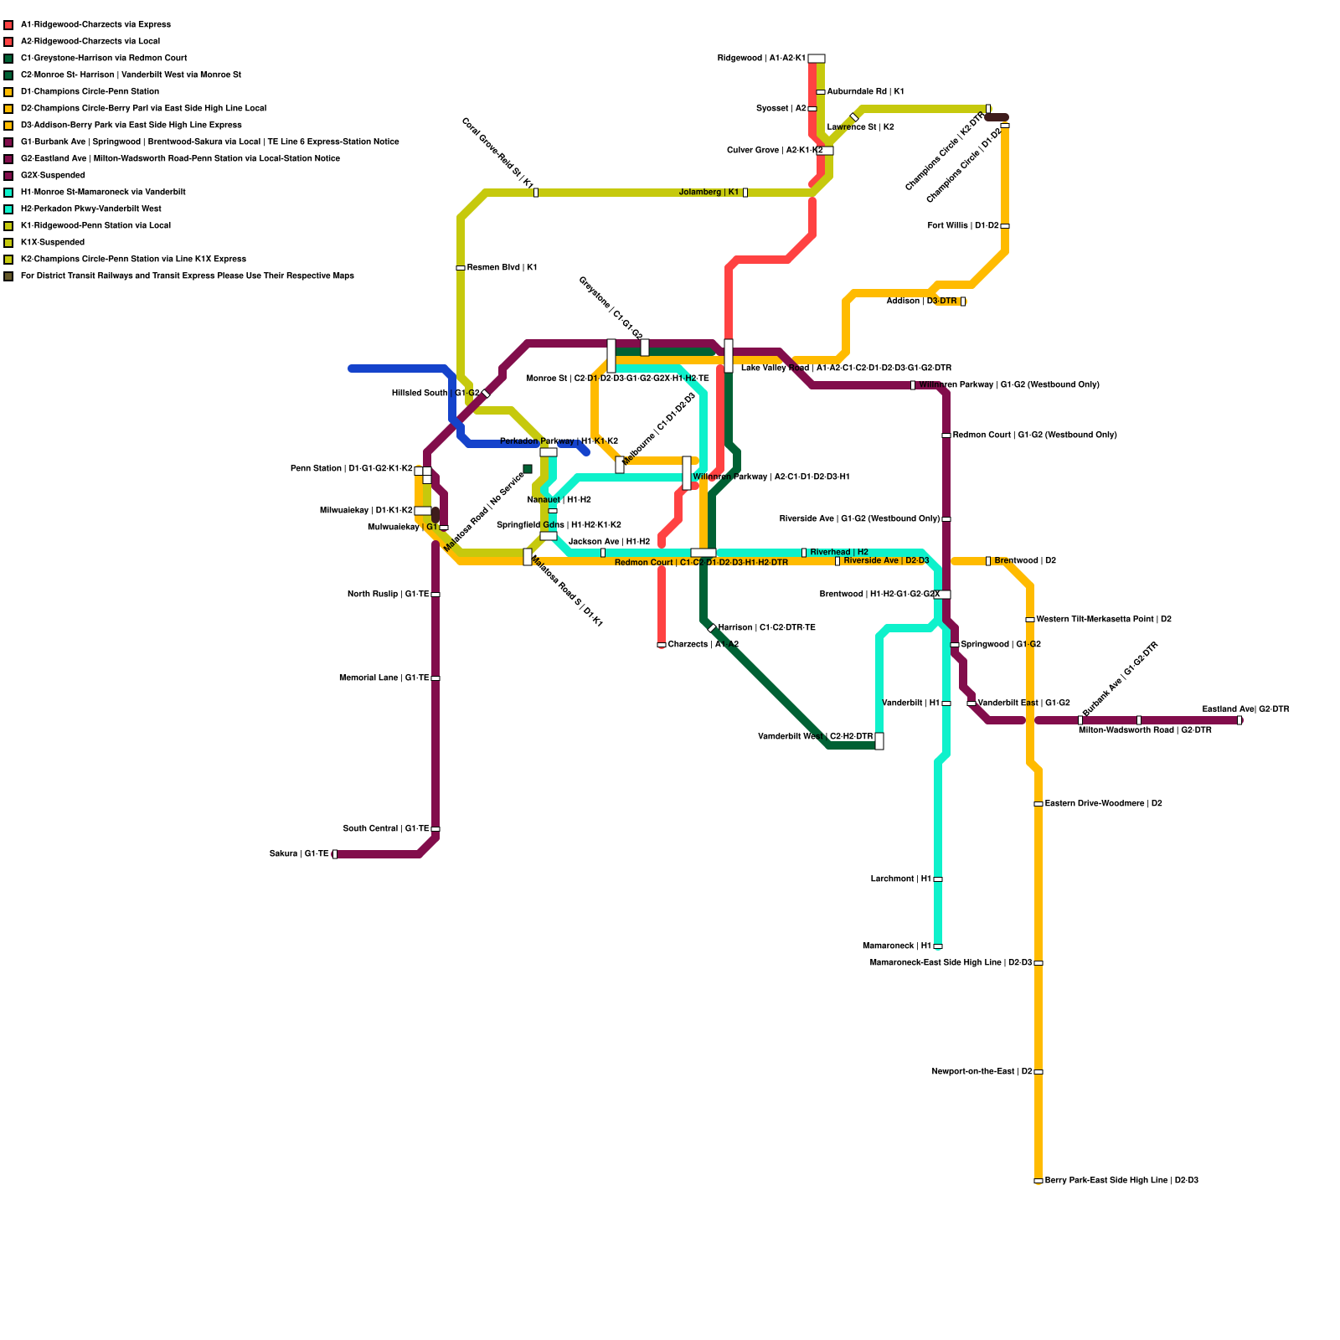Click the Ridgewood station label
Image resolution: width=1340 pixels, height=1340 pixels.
[x=761, y=59]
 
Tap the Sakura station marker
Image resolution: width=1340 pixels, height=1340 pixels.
[x=335, y=854]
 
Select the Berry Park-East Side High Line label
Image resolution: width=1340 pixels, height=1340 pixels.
[x=1121, y=1181]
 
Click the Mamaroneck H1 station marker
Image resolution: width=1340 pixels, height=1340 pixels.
[x=938, y=946]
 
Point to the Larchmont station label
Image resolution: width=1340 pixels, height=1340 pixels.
[x=900, y=879]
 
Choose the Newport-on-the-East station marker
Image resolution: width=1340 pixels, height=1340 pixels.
[x=1038, y=1072]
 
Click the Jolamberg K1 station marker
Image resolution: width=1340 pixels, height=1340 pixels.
[x=745, y=193]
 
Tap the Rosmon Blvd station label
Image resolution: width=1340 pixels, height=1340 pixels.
[x=502, y=268]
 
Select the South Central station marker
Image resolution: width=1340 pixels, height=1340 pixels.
[x=435, y=829]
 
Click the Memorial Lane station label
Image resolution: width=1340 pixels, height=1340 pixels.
[x=384, y=678]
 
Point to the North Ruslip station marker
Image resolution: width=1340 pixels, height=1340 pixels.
[x=435, y=595]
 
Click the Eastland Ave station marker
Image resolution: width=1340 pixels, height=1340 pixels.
[x=1239, y=720]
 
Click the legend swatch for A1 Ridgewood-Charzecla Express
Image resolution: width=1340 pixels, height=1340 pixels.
[x=8, y=25]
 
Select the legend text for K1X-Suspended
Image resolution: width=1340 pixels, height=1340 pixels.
[x=53, y=243]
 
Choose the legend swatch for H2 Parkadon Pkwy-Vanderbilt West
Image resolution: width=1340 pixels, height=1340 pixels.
[x=8, y=209]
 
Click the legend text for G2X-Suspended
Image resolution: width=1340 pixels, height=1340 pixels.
[x=53, y=176]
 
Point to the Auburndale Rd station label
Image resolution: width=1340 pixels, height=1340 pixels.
[x=865, y=92]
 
